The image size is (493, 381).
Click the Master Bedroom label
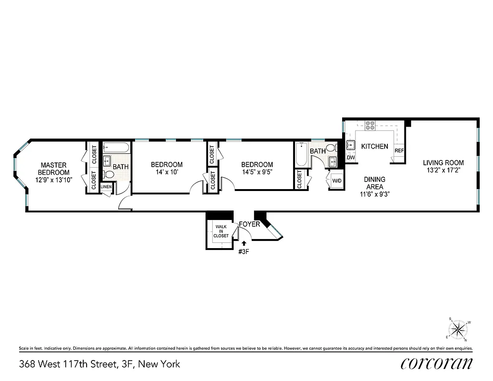click(x=54, y=169)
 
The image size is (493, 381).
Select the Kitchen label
click(x=375, y=147)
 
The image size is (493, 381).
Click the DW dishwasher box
click(x=351, y=158)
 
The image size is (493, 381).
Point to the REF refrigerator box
click(x=399, y=151)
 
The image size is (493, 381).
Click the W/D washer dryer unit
click(x=336, y=181)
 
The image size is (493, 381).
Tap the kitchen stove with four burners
click(x=370, y=126)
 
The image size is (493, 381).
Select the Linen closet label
click(x=106, y=187)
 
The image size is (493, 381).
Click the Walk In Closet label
click(x=221, y=231)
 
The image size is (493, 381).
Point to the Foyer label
click(x=249, y=224)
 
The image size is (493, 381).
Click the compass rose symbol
click(x=459, y=329)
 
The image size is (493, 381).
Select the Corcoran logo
click(x=436, y=363)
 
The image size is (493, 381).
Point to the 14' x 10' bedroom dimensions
click(x=167, y=172)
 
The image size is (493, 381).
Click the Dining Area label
click(x=375, y=183)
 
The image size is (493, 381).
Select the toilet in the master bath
click(x=108, y=175)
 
